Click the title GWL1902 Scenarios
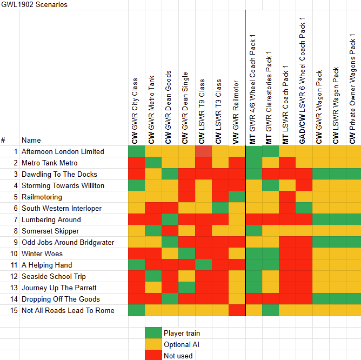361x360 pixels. [34, 4]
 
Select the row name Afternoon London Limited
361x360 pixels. [63, 151]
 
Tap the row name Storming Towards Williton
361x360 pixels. [63, 185]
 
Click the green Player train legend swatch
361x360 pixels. [153, 333]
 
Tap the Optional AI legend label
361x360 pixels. [182, 344]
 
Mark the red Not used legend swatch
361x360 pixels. [153, 356]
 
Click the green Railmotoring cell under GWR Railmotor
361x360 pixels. [237, 197]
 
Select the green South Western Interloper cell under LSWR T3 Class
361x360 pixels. [220, 208]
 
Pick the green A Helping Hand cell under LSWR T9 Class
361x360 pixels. [203, 265]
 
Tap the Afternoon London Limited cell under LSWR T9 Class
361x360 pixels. [203, 151]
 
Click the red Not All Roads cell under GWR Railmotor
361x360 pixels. [237, 310]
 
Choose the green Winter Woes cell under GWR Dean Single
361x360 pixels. [186, 254]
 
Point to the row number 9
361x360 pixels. [16, 242]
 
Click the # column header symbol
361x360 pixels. [3, 140]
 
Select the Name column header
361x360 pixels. [31, 140]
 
